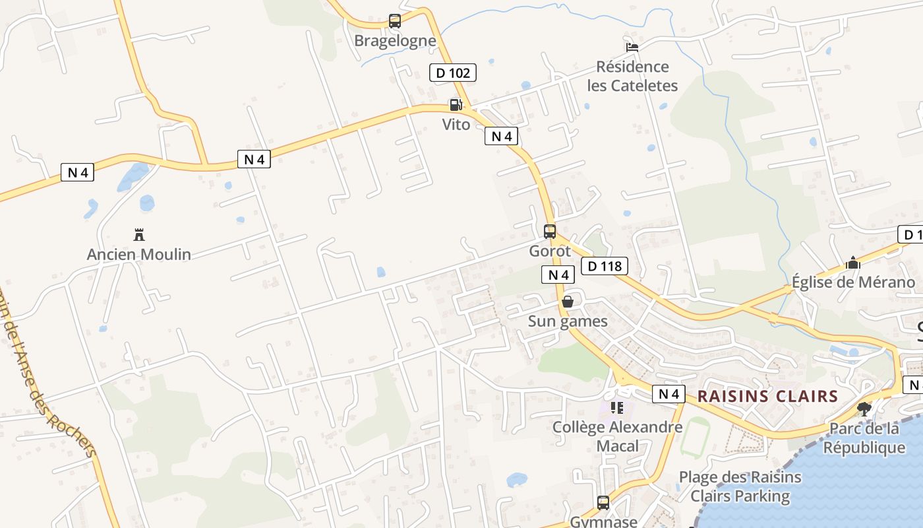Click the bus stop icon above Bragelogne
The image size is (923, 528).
(x=395, y=21)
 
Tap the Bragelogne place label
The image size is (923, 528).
(x=395, y=41)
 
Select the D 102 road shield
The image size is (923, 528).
(x=453, y=73)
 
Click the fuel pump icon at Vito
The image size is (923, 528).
(x=456, y=104)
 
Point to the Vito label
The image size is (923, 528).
(x=456, y=124)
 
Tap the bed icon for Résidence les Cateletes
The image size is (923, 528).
(x=632, y=47)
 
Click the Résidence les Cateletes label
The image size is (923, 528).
(x=632, y=76)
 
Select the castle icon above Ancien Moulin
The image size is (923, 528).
(x=139, y=234)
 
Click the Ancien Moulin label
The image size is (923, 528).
(x=139, y=254)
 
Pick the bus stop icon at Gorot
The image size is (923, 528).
(x=550, y=232)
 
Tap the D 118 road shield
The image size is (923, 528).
(x=605, y=267)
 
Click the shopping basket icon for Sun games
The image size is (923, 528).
(x=568, y=302)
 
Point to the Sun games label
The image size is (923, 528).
(x=568, y=321)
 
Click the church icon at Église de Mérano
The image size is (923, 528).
(x=853, y=263)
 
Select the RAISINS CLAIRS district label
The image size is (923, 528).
(x=767, y=397)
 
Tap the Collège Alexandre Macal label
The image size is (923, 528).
(x=618, y=436)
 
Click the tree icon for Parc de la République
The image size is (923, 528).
(x=864, y=409)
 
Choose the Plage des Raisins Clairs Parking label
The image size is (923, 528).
(x=740, y=486)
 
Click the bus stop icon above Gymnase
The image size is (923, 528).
(x=603, y=503)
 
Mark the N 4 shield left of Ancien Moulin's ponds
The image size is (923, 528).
(x=78, y=173)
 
